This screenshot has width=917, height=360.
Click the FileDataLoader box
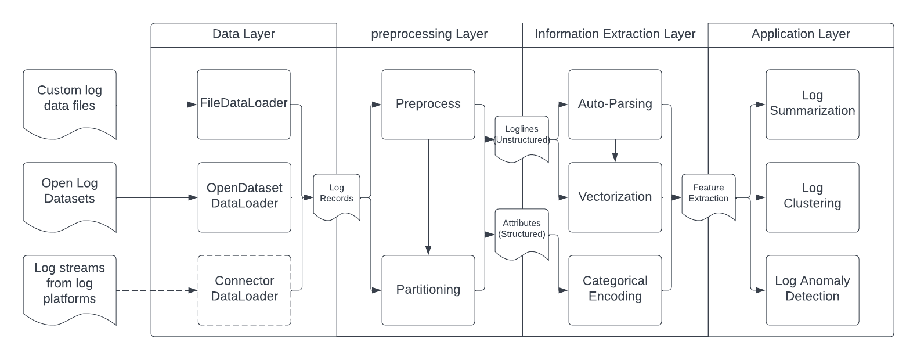pyautogui.click(x=244, y=105)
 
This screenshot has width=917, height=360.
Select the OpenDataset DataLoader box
pyautogui.click(x=244, y=197)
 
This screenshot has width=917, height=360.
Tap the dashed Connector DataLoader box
pyautogui.click(x=244, y=290)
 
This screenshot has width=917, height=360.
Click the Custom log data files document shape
pyautogui.click(x=70, y=102)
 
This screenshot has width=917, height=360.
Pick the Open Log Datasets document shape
pyautogui.click(x=70, y=195)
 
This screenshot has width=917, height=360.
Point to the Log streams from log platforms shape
pyautogui.click(x=70, y=287)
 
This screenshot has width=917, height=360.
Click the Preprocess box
pyautogui.click(x=428, y=105)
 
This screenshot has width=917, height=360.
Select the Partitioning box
pyautogui.click(x=428, y=290)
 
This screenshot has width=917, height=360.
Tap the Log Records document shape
pyautogui.click(x=337, y=195)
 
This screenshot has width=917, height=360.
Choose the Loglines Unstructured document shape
pyautogui.click(x=522, y=136)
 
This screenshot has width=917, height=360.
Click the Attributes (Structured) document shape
pyautogui.click(x=522, y=231)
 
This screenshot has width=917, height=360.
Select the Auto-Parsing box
pyautogui.click(x=615, y=105)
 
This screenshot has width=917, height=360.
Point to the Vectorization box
pyautogui.click(x=615, y=197)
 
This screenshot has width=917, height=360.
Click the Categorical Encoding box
pyautogui.click(x=615, y=290)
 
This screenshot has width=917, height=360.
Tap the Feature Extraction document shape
pyautogui.click(x=709, y=195)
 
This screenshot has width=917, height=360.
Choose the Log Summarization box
pyautogui.click(x=813, y=105)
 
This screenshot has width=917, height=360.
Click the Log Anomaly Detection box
pyautogui.click(x=813, y=290)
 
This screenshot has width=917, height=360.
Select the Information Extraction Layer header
pyautogui.click(x=615, y=34)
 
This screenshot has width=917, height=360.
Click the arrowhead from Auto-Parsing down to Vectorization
pyautogui.click(x=615, y=157)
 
